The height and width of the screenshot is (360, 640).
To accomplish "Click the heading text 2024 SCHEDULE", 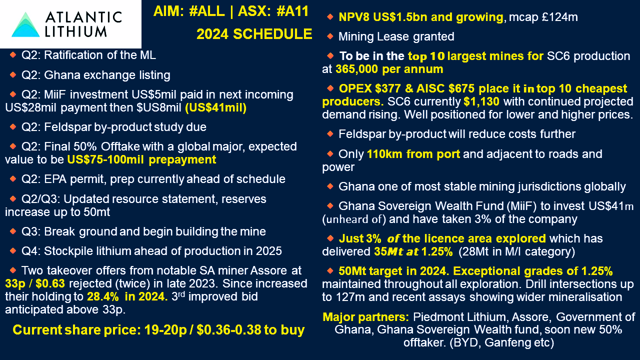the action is tap(254, 34).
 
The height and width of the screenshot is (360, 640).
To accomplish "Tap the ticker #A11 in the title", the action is tap(292, 11).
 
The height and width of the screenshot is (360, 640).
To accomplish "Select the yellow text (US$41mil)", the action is tap(215, 107).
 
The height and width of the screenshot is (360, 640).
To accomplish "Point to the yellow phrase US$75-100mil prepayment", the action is tap(141, 159).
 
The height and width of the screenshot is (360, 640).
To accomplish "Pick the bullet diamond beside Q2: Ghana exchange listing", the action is tap(13, 74).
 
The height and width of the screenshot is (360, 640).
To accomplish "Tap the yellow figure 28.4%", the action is tap(103, 296).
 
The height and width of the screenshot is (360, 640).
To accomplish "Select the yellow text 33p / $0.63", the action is tap(35, 283).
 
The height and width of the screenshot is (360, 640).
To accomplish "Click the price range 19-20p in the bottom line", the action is tap(165, 330).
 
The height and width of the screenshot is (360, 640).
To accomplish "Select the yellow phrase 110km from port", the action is tap(413, 154).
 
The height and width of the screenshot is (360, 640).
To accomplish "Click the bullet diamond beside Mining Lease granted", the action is tap(330, 36).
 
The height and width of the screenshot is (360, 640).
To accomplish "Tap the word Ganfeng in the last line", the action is tap(505, 342).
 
